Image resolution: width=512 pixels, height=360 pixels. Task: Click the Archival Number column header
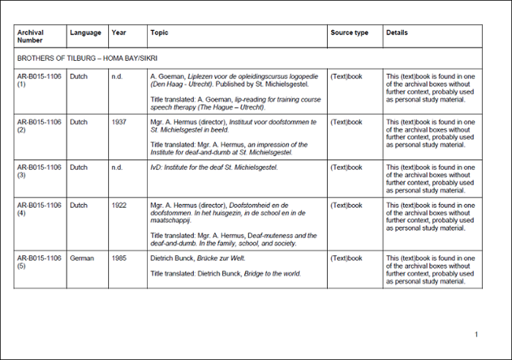click(30, 37)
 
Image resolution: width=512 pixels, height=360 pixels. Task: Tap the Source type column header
click(350, 33)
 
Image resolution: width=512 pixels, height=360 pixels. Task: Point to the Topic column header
click(159, 33)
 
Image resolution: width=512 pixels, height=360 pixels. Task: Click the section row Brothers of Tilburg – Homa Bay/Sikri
click(88, 58)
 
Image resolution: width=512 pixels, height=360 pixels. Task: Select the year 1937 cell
click(119, 122)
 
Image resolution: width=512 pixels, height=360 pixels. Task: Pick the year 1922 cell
click(119, 206)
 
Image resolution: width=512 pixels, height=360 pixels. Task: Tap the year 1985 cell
click(119, 258)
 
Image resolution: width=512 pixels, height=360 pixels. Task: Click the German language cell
click(82, 258)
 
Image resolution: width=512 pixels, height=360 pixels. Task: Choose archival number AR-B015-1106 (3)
click(39, 171)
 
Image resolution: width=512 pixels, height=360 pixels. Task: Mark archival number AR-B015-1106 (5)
click(39, 262)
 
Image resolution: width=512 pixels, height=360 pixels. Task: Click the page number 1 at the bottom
click(476, 334)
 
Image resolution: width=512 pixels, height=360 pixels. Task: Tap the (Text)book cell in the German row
click(347, 258)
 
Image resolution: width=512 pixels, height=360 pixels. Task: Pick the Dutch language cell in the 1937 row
click(79, 122)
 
